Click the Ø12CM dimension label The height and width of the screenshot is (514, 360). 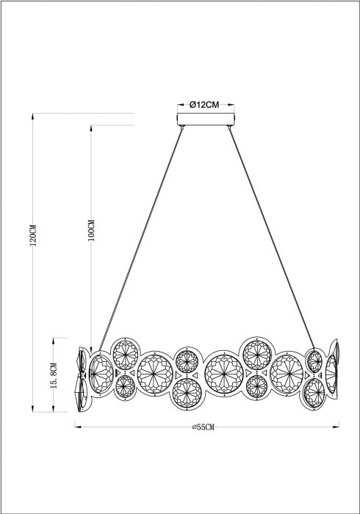pyautogui.click(x=205, y=105)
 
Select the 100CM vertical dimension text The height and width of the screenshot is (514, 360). pyautogui.click(x=91, y=231)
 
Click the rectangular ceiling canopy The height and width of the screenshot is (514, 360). pyautogui.click(x=206, y=120)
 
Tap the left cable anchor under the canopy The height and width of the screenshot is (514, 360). pyautogui.click(x=181, y=129)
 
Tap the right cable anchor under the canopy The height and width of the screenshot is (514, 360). pyautogui.click(x=230, y=129)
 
